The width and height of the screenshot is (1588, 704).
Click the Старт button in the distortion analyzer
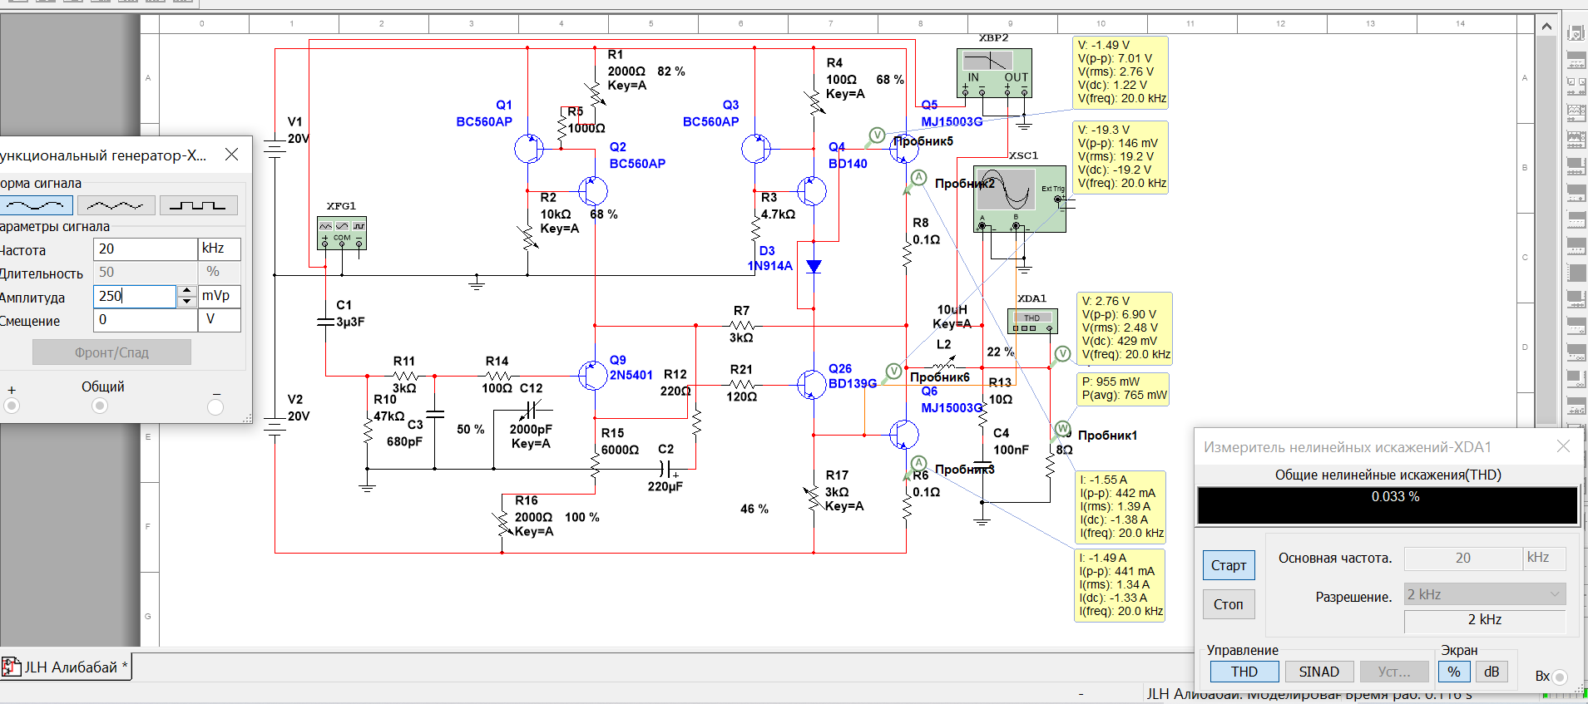[1228, 565]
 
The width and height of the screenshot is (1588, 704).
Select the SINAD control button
[1318, 672]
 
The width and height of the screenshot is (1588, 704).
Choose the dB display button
[1492, 672]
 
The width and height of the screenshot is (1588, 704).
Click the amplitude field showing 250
[134, 296]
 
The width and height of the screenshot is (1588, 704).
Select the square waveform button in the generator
[198, 204]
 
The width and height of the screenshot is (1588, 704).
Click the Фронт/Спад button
[111, 352]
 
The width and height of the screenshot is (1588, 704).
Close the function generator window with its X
[232, 155]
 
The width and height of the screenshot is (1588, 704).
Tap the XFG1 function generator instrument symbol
[342, 233]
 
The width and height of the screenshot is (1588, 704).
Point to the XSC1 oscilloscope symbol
[1019, 198]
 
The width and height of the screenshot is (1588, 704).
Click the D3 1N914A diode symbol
[814, 266]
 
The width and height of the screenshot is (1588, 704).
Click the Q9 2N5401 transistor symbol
[592, 375]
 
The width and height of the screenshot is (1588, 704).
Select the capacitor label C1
[344, 305]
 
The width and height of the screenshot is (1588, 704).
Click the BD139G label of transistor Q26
[852, 383]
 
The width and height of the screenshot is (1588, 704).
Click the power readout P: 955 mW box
[1123, 388]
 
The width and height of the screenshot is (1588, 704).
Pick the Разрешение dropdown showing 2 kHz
[1484, 594]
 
